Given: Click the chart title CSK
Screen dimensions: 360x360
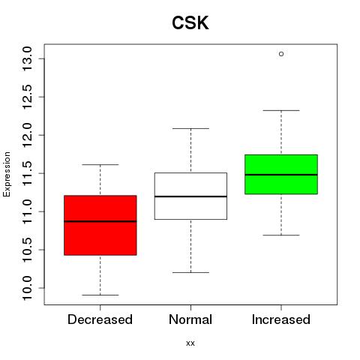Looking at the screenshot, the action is coord(190,22).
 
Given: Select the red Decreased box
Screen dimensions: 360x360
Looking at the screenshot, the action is coord(100,225).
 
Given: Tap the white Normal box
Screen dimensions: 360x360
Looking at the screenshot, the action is coord(190,196).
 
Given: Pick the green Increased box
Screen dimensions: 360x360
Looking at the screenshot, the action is coord(281,174).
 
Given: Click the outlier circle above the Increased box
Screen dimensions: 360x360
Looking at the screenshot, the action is coord(281,54).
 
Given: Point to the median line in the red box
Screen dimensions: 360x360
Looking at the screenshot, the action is coord(100,221).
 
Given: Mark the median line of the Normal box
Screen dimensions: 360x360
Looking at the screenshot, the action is coord(190,196).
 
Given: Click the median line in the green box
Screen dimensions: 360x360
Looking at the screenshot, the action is coord(281,175).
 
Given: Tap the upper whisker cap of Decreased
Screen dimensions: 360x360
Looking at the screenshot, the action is coord(100,164).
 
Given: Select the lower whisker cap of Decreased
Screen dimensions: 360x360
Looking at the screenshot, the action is coord(100,295).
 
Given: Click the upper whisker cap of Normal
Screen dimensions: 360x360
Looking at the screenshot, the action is coord(190,128).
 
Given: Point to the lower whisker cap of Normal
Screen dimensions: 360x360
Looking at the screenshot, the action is coord(190,272).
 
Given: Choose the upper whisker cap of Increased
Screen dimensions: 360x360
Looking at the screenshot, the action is coord(281,110).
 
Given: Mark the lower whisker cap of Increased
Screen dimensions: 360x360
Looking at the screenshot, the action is coord(281,235).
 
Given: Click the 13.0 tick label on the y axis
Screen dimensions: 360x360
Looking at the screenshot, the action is coord(27,58).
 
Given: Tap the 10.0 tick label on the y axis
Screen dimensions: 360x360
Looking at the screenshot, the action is coord(27,288).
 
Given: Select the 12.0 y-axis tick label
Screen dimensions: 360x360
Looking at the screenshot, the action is coord(27,135).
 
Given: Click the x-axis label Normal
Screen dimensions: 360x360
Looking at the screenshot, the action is coord(190,319).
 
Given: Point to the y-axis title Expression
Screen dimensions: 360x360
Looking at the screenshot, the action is coord(7,174).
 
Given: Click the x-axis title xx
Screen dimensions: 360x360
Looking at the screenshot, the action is coord(190,343).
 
